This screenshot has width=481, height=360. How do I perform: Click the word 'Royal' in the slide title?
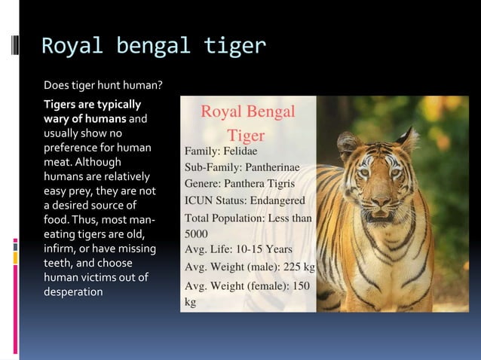[x=66, y=47]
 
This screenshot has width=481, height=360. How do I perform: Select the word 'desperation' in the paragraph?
[x=72, y=292]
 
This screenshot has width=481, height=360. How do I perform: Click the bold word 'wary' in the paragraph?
[x=57, y=118]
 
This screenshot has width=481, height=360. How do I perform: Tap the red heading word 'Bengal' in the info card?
[x=268, y=112]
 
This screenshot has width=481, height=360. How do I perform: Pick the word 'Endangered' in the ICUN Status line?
[x=277, y=201]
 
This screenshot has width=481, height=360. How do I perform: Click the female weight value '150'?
[x=301, y=287]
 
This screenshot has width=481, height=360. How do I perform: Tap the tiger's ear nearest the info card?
[x=349, y=142]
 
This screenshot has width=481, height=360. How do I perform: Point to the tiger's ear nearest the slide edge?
[x=408, y=139]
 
